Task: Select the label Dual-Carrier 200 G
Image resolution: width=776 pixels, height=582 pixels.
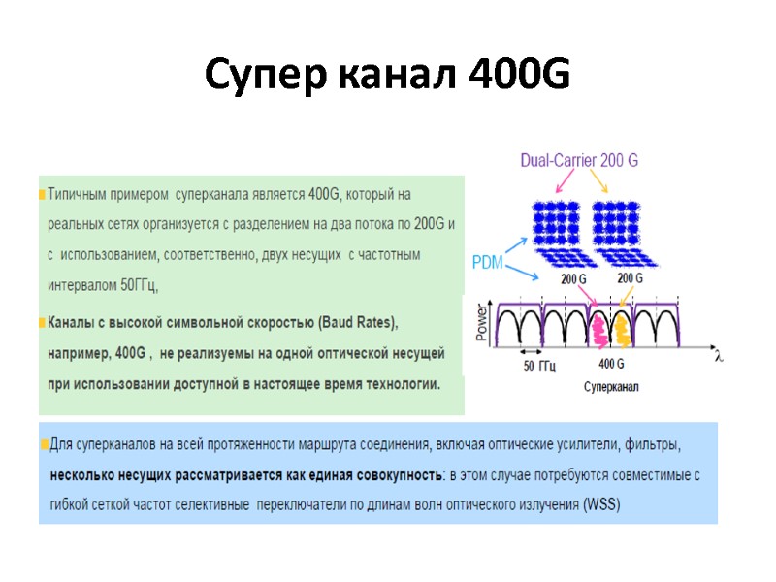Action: [579, 160]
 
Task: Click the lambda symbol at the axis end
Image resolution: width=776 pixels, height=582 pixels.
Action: [719, 356]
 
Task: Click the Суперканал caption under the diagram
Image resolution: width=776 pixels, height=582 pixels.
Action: [609, 386]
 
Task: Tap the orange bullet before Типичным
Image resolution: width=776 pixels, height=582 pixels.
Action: [42, 194]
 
